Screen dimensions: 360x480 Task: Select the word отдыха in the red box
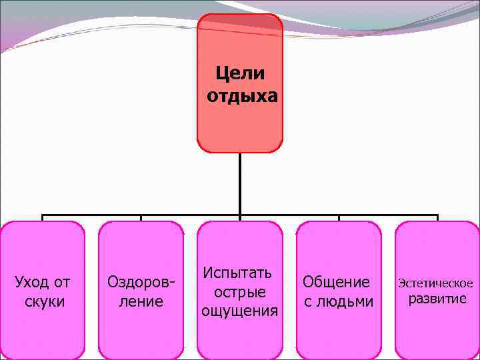click(242, 97)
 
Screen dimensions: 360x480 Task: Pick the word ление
click(141, 301)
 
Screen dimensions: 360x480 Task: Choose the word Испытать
click(237, 273)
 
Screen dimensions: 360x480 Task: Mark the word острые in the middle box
click(240, 292)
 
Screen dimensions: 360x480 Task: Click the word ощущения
click(240, 311)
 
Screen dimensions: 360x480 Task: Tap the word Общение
click(336, 282)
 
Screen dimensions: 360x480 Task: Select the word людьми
click(345, 301)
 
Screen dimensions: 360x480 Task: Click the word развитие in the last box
click(437, 299)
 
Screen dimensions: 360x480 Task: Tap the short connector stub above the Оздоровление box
click(141, 218)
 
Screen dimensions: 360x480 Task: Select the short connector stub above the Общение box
click(339, 218)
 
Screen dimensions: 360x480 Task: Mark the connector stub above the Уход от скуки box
click(43, 218)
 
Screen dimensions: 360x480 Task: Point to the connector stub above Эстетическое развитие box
click(437, 218)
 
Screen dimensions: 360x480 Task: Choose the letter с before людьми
click(308, 301)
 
